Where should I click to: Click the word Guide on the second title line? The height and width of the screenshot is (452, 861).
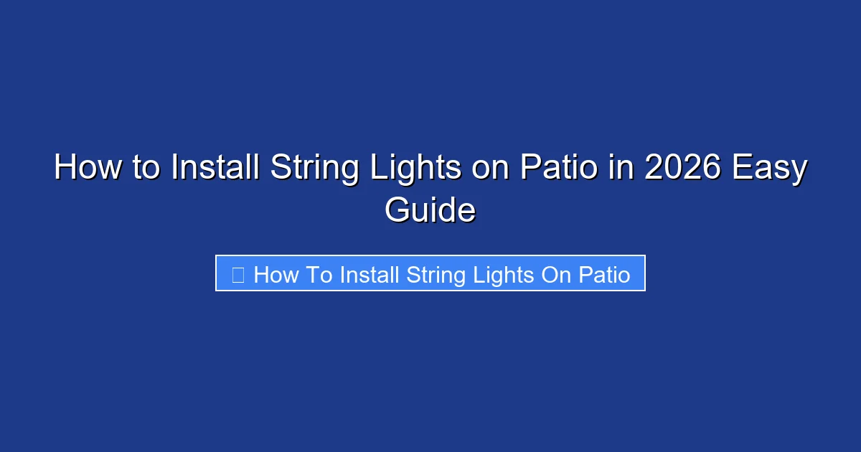coord(430,211)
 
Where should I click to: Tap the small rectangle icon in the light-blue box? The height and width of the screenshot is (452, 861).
coord(238,274)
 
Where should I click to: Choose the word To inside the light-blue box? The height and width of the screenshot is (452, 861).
coord(318,274)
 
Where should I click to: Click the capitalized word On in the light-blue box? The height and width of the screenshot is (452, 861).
coord(555,274)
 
